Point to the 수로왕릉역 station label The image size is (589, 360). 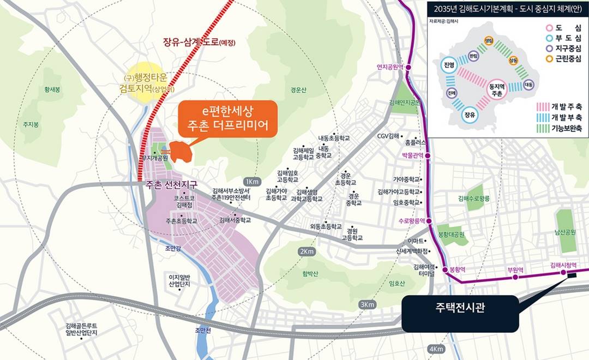(411, 221)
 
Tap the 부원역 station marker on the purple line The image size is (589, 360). (515, 278)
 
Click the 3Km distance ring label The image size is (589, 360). (366, 304)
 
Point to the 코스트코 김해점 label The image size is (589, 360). (184, 201)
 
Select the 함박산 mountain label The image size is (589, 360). (309, 273)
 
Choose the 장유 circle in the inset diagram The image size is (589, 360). (469, 115)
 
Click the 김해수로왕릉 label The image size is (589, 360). (478, 198)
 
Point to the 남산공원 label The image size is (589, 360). (565, 232)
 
